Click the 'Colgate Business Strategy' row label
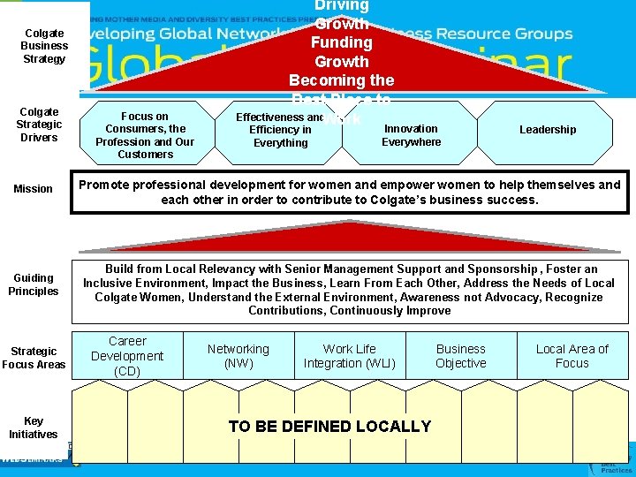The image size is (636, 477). pyautogui.click(x=44, y=46)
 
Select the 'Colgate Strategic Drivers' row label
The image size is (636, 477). pyautogui.click(x=39, y=125)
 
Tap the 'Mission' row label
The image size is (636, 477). pyautogui.click(x=34, y=189)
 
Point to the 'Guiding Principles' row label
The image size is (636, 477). pyautogui.click(x=34, y=284)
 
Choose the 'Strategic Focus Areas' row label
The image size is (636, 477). pyautogui.click(x=34, y=357)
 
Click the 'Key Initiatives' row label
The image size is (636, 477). pyautogui.click(x=34, y=428)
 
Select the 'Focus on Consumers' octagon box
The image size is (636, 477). pyautogui.click(x=145, y=135)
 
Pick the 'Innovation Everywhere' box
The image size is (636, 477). pyautogui.click(x=411, y=135)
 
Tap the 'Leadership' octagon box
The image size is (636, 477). pyautogui.click(x=548, y=130)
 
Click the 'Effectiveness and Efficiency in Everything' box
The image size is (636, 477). pyautogui.click(x=279, y=130)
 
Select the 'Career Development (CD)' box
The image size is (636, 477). pyautogui.click(x=127, y=355)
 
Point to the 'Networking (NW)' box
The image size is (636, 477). pyautogui.click(x=238, y=356)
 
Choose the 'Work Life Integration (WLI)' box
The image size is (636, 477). pyautogui.click(x=350, y=356)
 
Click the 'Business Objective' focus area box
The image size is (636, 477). pyautogui.click(x=461, y=356)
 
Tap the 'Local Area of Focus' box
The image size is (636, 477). pyautogui.click(x=572, y=356)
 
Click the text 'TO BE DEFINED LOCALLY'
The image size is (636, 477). pyautogui.click(x=329, y=427)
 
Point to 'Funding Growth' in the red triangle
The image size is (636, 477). pyautogui.click(x=342, y=52)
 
